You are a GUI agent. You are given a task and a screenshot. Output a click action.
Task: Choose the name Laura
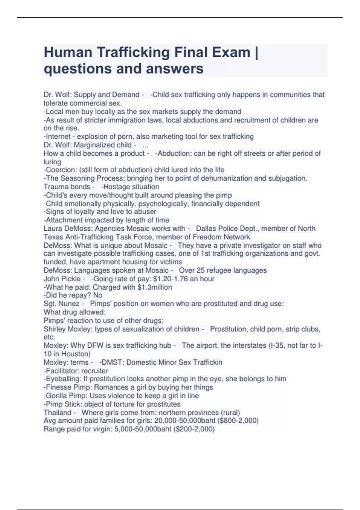pos(53,229)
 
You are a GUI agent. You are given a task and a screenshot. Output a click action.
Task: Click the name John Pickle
pos(62,279)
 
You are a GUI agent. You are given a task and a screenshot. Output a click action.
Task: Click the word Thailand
pos(58,413)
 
